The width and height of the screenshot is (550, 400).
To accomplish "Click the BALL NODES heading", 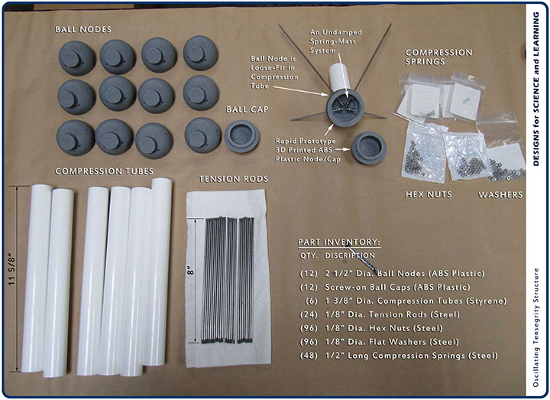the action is click(83, 30).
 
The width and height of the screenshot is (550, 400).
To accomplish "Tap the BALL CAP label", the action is click(247, 109).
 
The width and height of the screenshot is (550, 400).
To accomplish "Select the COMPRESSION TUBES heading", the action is click(104, 171).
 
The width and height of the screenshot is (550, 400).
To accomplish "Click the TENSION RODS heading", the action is click(234, 179).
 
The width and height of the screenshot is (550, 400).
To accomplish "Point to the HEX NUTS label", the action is click(429, 194).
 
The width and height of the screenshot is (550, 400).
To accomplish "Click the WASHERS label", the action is click(500, 195).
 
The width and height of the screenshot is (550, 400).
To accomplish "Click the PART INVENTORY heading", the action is click(339, 242).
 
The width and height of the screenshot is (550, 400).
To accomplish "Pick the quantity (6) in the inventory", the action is click(312, 301).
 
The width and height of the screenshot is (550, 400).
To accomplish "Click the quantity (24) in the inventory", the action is click(309, 314).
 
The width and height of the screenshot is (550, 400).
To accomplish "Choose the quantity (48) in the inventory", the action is click(309, 356).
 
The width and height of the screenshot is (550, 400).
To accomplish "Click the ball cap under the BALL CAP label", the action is click(241, 136).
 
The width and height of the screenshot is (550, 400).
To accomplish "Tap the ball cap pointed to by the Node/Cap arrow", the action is click(369, 148).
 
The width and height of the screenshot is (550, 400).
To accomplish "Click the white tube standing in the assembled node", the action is click(339, 78).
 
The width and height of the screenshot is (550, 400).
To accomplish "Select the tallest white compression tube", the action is click(157, 272).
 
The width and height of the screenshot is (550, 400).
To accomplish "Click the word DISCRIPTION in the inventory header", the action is click(350, 255).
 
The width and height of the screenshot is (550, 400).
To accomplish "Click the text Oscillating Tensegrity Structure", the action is click(535, 327).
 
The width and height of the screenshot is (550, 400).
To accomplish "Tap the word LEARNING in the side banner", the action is click(535, 34).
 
